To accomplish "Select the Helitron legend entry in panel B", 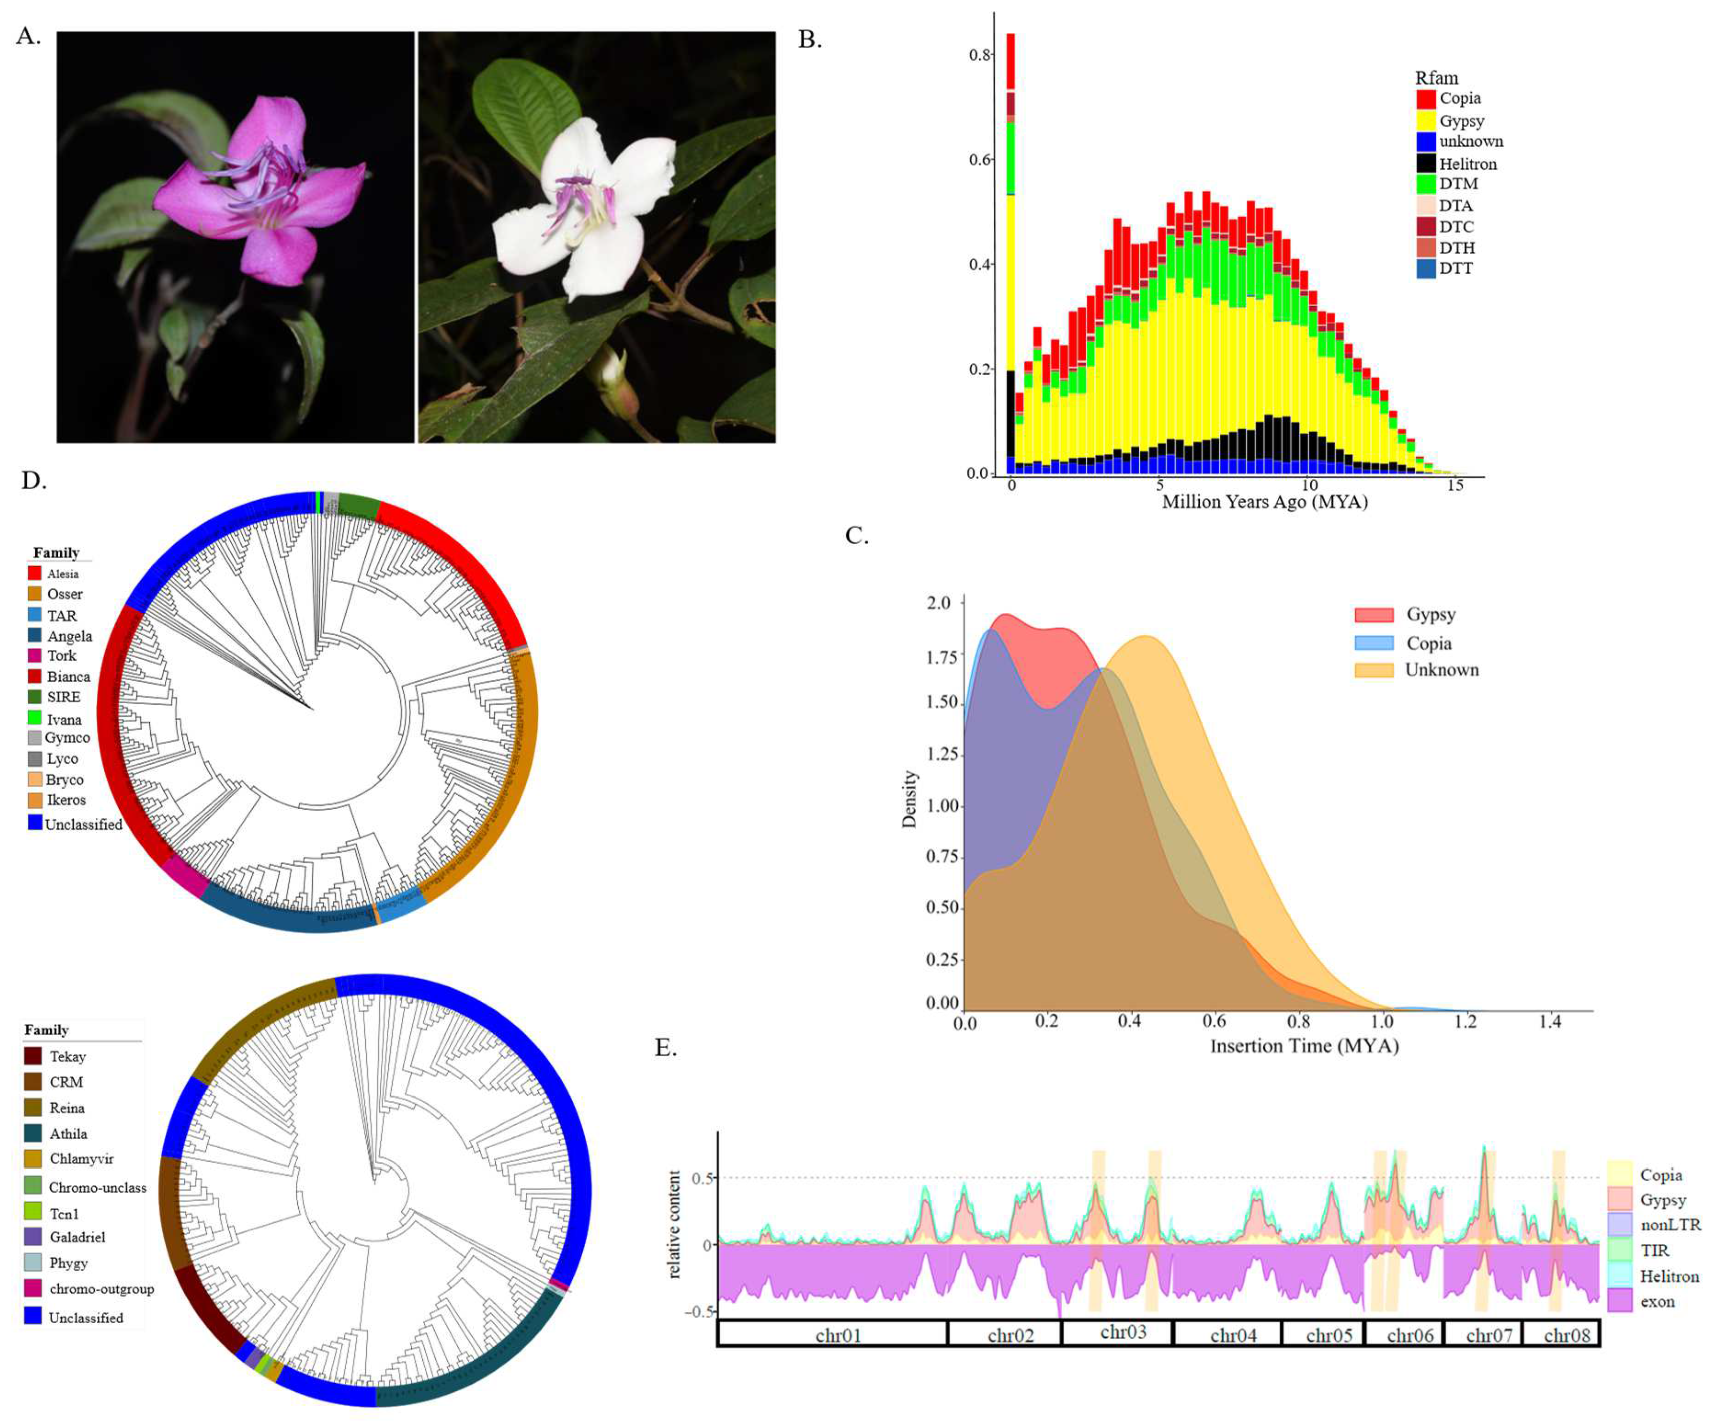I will click(x=1467, y=163).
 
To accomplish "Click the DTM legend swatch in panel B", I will click(x=1426, y=184).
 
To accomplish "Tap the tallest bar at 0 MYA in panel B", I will click(x=1011, y=245).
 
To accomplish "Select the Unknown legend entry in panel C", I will click(x=1441, y=670).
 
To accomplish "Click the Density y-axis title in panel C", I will click(x=909, y=799).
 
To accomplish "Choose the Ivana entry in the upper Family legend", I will click(x=64, y=720).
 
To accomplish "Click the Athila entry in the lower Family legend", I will click(x=68, y=1133).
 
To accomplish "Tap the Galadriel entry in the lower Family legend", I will click(x=77, y=1237).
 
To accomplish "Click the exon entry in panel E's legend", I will click(x=1657, y=1302).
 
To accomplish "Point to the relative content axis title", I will click(x=675, y=1224).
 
